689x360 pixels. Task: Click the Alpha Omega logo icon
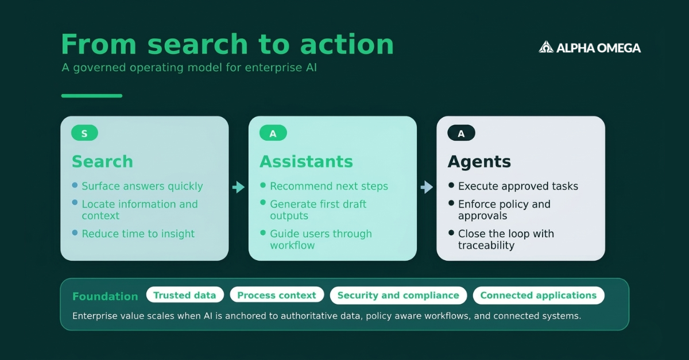pyautogui.click(x=546, y=47)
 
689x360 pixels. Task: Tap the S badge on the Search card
pyautogui.click(x=84, y=134)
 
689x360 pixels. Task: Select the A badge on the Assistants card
pyautogui.click(x=273, y=134)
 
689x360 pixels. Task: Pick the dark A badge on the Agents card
pyautogui.click(x=461, y=134)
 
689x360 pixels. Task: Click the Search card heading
pyautogui.click(x=102, y=162)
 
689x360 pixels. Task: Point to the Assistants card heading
pyautogui.click(x=306, y=162)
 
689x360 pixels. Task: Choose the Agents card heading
pyautogui.click(x=479, y=162)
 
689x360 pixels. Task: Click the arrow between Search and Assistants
pyautogui.click(x=238, y=187)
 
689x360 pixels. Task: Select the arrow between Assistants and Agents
pyautogui.click(x=427, y=187)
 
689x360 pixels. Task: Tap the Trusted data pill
pyautogui.click(x=184, y=295)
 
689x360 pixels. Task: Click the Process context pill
pyautogui.click(x=277, y=295)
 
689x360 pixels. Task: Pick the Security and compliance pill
pyautogui.click(x=398, y=295)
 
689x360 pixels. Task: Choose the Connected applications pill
pyautogui.click(x=538, y=295)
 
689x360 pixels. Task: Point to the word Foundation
pyautogui.click(x=105, y=296)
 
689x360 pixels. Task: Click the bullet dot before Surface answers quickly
pyautogui.click(x=75, y=185)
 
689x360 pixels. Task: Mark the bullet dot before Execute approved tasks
pyautogui.click(x=451, y=185)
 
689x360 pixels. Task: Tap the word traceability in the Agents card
pyautogui.click(x=486, y=246)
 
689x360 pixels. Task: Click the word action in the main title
pyautogui.click(x=346, y=45)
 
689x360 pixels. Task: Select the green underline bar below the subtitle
pyautogui.click(x=92, y=96)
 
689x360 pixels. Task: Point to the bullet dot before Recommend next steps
pyautogui.click(x=263, y=185)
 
